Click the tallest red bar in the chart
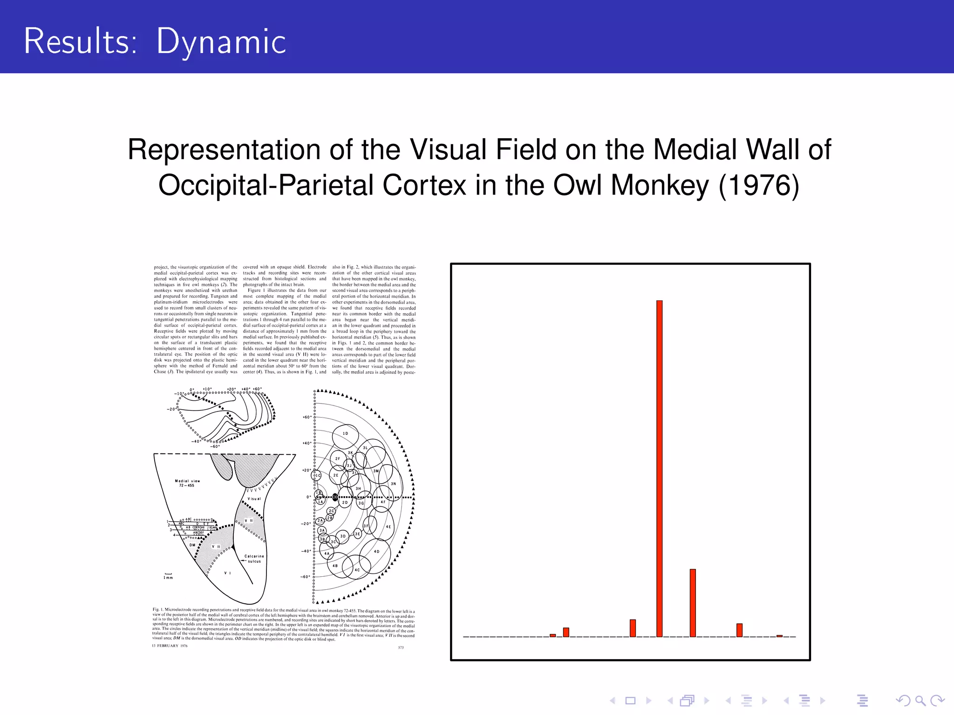[x=659, y=468]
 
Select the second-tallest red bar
[x=693, y=602]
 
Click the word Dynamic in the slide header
[x=221, y=42]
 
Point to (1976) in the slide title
[x=759, y=185]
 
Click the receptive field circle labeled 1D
[x=345, y=435]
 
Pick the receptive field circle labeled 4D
[x=375, y=553]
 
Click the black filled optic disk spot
[x=335, y=497]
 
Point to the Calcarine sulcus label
[x=254, y=559]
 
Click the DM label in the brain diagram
[x=192, y=545]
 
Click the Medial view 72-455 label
[x=187, y=483]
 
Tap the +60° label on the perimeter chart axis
[x=307, y=417]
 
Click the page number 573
[x=401, y=648]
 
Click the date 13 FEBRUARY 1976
[x=170, y=646]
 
